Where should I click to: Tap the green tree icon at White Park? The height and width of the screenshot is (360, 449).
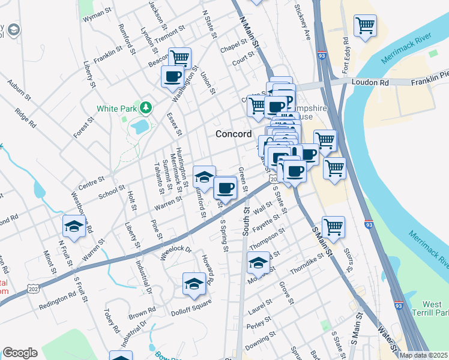(x=145, y=108)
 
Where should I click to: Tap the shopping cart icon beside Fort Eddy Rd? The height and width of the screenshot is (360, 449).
(x=365, y=26)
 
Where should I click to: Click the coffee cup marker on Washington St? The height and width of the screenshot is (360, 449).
(x=173, y=77)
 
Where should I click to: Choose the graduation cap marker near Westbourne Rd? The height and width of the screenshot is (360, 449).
(x=74, y=226)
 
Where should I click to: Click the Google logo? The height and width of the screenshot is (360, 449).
(x=20, y=353)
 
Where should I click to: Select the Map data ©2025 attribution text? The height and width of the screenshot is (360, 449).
(x=424, y=355)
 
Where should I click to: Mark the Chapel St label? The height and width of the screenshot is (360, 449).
(x=234, y=46)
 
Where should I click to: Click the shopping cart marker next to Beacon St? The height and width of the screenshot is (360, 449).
(x=179, y=58)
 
